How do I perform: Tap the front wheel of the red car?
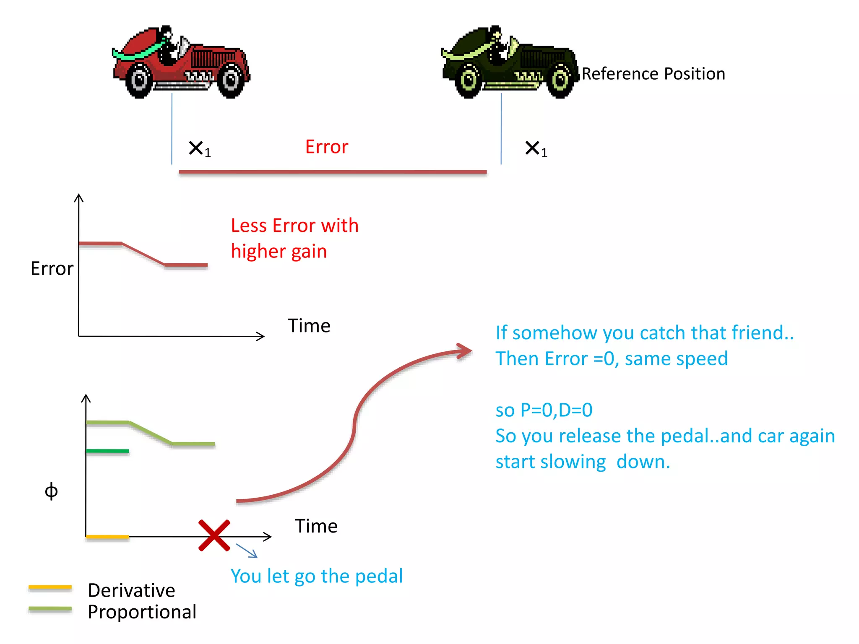(x=231, y=80)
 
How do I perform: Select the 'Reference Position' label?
(x=653, y=74)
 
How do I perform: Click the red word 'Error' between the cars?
(x=327, y=147)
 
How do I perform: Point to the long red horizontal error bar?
(x=333, y=172)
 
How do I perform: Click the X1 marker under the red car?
(x=200, y=149)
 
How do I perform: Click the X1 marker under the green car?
(x=536, y=149)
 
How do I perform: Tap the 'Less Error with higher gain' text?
(x=294, y=238)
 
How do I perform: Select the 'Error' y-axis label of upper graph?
(x=52, y=268)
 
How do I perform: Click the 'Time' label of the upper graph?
(x=309, y=326)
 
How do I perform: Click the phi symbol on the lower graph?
(x=51, y=491)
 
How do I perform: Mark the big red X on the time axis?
(x=214, y=535)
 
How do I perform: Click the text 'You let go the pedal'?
(x=317, y=576)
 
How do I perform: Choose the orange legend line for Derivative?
(x=50, y=587)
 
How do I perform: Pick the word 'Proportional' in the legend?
(x=142, y=612)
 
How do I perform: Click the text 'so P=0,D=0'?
(x=544, y=410)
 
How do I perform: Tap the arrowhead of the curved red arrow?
(x=465, y=351)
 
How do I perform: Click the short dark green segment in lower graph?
(x=107, y=451)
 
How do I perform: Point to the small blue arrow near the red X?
(x=247, y=551)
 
